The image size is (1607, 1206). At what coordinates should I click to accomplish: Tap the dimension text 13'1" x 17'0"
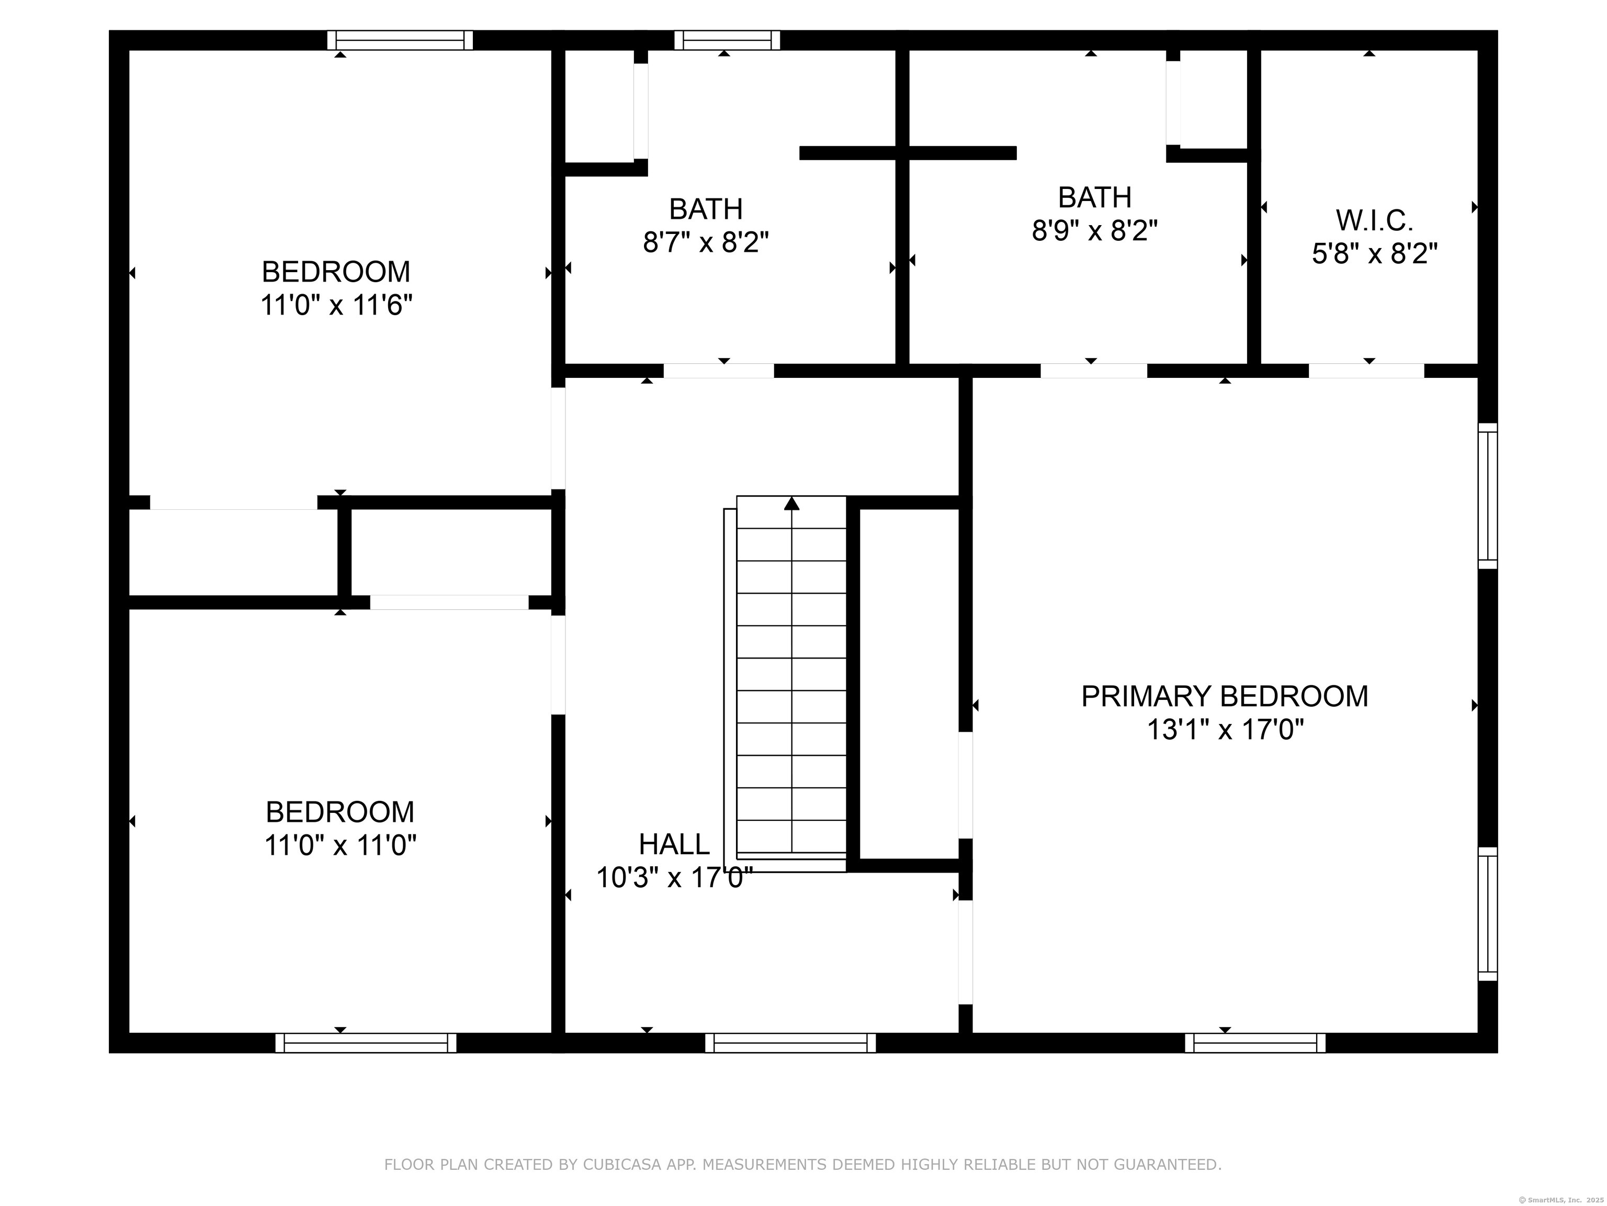coord(1225,729)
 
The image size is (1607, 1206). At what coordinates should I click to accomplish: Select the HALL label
coord(673,844)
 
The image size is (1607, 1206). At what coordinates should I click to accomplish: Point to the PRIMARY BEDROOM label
coord(1224,696)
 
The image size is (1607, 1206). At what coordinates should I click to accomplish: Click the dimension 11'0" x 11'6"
coord(336,305)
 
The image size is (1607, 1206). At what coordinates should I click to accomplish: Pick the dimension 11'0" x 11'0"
coord(340,845)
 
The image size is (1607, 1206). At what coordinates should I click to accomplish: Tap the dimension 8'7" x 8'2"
coord(706,242)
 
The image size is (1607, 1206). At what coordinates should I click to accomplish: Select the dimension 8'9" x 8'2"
coord(1094,230)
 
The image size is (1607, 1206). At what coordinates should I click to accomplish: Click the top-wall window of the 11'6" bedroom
coord(400,40)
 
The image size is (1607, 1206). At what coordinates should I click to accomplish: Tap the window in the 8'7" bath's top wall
coord(727,40)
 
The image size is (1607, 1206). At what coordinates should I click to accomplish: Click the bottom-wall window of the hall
coord(790,1043)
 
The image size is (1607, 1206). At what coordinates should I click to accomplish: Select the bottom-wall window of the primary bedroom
coord(1254,1043)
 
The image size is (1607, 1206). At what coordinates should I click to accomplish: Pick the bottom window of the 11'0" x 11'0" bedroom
coord(366,1043)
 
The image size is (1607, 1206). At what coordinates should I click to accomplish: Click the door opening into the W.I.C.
coord(1366,371)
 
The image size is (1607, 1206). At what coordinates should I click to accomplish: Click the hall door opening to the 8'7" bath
coord(719,371)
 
